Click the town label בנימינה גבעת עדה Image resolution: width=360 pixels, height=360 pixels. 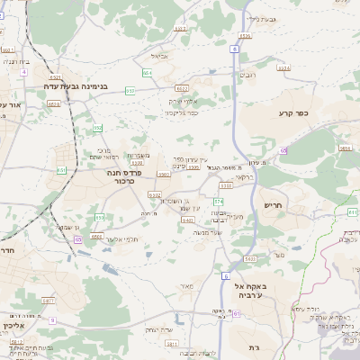76,87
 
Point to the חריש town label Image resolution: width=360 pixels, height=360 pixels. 273,205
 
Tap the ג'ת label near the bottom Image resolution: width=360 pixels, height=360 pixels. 248,346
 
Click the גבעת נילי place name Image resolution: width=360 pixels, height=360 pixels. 259,18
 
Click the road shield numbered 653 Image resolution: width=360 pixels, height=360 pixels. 131,90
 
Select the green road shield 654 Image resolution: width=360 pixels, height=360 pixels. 146,72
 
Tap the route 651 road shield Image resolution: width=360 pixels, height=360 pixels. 61,168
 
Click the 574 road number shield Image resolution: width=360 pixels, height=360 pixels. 218,200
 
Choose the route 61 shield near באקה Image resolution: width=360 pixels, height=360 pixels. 237,314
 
